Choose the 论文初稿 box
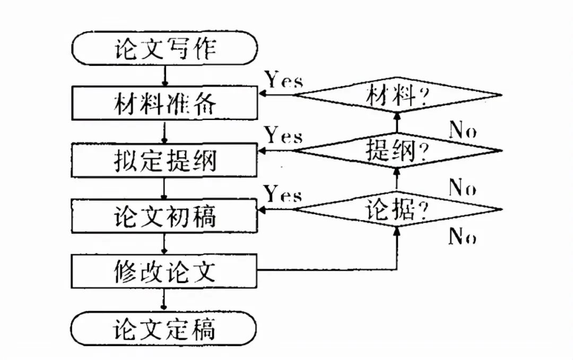(164, 216)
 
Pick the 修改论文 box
(164, 271)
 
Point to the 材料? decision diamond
(397, 96)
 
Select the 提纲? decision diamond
(397, 151)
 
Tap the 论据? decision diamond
(397, 210)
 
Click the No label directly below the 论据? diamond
(462, 236)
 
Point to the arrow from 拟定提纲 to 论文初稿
(165, 188)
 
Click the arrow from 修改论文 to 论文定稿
(165, 299)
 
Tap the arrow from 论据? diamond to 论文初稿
(276, 210)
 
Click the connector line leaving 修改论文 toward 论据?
(329, 270)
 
